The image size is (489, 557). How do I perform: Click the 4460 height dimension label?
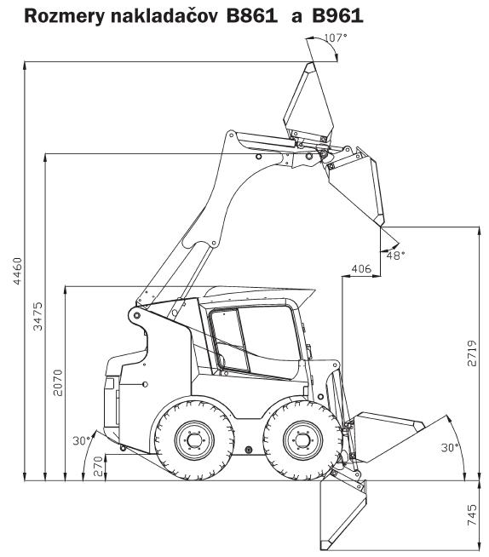(17, 271)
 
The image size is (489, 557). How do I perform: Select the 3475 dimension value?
(37, 316)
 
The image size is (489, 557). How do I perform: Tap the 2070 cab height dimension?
(58, 382)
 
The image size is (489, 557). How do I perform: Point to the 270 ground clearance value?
(98, 466)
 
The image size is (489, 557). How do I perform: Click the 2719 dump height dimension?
(472, 353)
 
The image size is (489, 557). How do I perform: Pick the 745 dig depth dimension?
(472, 515)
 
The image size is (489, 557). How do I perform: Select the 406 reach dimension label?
(361, 268)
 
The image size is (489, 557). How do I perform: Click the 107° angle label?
(336, 37)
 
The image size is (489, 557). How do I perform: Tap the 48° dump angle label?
(395, 255)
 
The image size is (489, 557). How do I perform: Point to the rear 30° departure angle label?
(82, 441)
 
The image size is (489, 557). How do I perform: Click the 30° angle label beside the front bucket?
(450, 448)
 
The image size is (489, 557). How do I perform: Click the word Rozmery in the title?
(65, 16)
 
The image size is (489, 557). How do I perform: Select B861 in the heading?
(252, 15)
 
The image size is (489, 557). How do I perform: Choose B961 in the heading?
(337, 15)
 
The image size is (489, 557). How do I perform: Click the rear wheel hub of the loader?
(194, 440)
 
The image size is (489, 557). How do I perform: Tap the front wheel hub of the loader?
(302, 440)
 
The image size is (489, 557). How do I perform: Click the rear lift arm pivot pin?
(136, 315)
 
